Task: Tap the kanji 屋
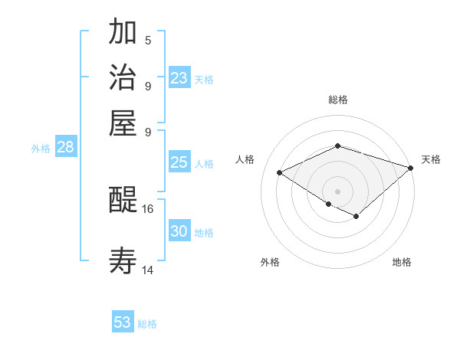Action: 123,123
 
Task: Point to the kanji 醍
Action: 123,201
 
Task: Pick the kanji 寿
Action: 123,261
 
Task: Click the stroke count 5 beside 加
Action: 148,40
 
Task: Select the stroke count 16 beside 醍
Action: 148,208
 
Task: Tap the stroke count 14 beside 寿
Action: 148,270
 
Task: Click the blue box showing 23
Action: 179,78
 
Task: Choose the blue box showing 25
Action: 179,162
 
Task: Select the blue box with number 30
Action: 179,231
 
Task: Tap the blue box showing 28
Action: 65,148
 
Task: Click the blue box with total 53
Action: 123,322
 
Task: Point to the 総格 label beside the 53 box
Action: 148,324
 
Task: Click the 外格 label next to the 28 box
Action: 41,149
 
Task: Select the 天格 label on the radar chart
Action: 431,159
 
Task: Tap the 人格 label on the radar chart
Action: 245,159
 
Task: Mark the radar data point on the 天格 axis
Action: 412,167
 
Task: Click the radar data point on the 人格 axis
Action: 280,172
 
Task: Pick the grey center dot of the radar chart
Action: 337,191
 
